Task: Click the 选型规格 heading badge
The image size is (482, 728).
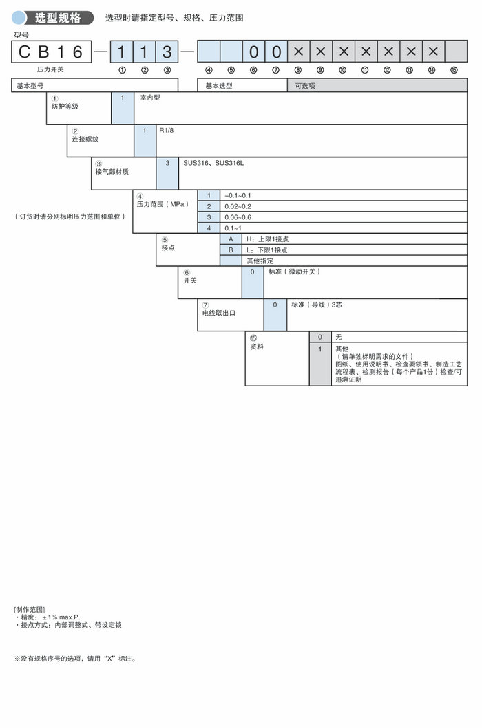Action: point(57,18)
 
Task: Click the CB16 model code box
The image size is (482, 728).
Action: point(52,52)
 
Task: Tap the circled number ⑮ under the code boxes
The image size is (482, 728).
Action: point(454,70)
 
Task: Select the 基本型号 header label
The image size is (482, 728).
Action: point(30,86)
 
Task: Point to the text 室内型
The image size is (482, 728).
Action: point(149,98)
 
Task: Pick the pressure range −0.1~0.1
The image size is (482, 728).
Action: point(238,196)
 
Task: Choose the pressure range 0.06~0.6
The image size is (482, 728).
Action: point(238,217)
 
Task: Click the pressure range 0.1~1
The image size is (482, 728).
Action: point(233,228)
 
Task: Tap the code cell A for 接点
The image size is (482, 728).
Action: point(231,239)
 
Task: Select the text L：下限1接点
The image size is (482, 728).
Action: point(266,250)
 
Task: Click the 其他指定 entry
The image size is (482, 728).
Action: point(260,261)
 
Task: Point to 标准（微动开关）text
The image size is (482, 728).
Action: point(294,272)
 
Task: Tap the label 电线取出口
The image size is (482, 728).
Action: point(218,313)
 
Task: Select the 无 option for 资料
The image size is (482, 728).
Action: point(338,338)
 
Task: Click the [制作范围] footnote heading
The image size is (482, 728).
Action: point(29,610)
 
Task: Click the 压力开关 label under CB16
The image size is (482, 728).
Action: point(50,70)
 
